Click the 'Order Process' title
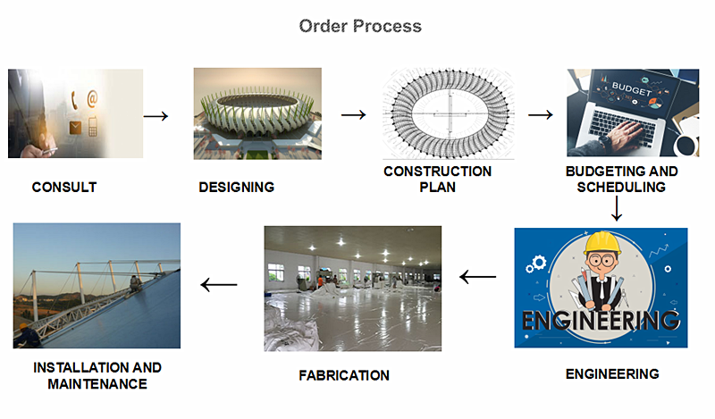pos(360,27)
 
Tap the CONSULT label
pos(64,187)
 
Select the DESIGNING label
pos(236,187)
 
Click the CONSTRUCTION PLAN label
pos(437,180)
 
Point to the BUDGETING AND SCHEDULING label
pos(621,180)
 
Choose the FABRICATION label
pos(344,375)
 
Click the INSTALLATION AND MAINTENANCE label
pos(97,376)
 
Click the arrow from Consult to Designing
pos(156,116)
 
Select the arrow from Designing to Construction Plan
pos(354,114)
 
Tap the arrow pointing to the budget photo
pos(541,114)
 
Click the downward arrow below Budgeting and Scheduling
pos(617,209)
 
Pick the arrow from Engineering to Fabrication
pos(478,277)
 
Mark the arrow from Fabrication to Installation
pos(219,285)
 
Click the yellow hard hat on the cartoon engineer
pos(602,242)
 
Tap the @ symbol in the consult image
pos(92,98)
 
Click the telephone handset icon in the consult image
pos(74,100)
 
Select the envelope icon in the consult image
pos(75,128)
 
